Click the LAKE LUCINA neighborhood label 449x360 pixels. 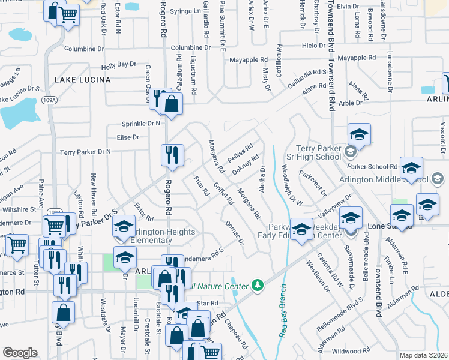tap(83, 79)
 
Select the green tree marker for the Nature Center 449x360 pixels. tap(258, 283)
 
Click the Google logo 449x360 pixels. tap(20, 353)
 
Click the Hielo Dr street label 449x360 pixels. tap(313, 46)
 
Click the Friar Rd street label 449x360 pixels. tap(202, 185)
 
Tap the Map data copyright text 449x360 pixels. tap(424, 355)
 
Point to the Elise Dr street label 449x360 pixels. tap(128, 137)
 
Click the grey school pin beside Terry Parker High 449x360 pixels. tap(351, 151)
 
